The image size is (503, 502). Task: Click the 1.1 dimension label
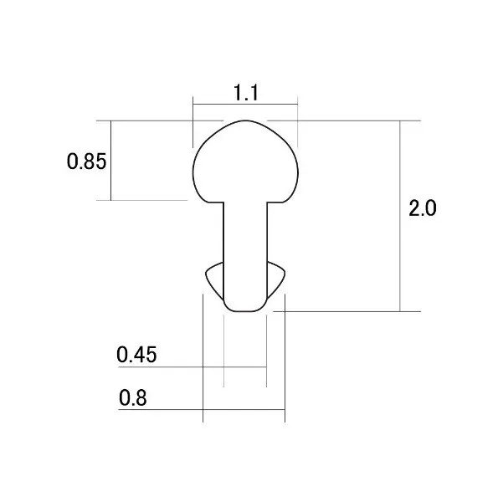(x=246, y=92)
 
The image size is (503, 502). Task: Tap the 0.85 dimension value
(x=86, y=161)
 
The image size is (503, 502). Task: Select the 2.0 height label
(x=423, y=207)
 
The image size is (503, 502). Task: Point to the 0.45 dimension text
(x=136, y=355)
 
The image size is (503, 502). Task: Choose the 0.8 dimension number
(x=133, y=397)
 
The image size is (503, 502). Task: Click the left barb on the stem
(x=214, y=279)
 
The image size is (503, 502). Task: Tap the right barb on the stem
(x=276, y=279)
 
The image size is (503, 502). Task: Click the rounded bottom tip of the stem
(x=245, y=311)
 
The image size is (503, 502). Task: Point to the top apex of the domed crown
(x=245, y=120)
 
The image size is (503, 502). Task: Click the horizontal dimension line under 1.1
(x=245, y=105)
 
